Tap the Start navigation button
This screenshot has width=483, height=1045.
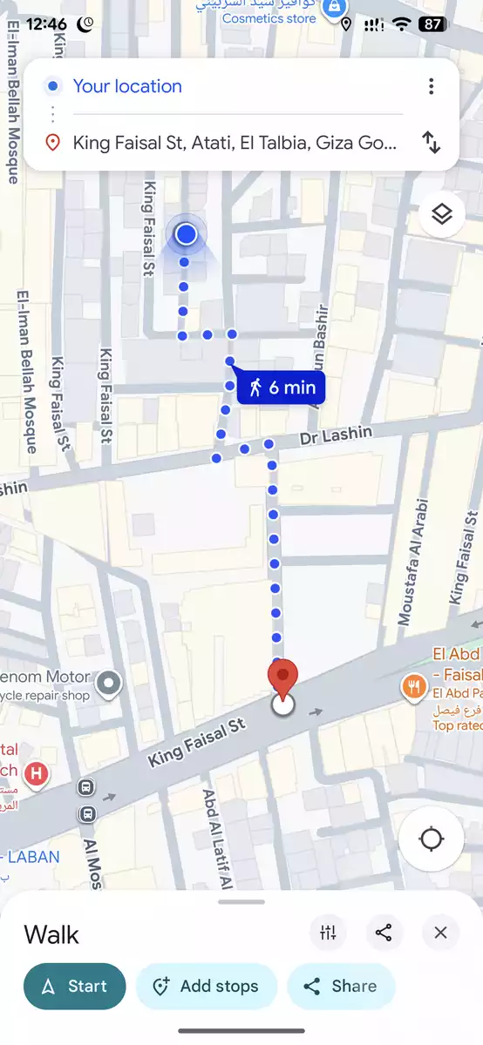click(x=74, y=987)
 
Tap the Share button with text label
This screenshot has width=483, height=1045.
click(x=341, y=987)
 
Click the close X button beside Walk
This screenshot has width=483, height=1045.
click(x=440, y=934)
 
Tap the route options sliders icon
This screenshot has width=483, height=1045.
click(x=328, y=934)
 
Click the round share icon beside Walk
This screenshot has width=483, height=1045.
click(x=384, y=934)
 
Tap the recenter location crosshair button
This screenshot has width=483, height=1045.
click(x=431, y=839)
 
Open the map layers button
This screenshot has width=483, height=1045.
click(x=442, y=214)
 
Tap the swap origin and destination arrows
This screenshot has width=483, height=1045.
click(x=431, y=142)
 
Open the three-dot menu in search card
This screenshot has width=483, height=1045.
click(x=431, y=86)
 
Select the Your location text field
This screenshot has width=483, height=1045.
click(x=127, y=86)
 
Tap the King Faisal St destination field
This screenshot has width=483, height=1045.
click(x=234, y=142)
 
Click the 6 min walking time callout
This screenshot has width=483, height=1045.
click(x=282, y=388)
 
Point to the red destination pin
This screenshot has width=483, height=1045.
click(x=282, y=678)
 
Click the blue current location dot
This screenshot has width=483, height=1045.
click(x=186, y=234)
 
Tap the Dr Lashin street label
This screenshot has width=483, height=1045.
click(x=336, y=435)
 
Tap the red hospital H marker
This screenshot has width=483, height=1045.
click(x=36, y=772)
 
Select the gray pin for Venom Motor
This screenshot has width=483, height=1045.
click(x=108, y=684)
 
